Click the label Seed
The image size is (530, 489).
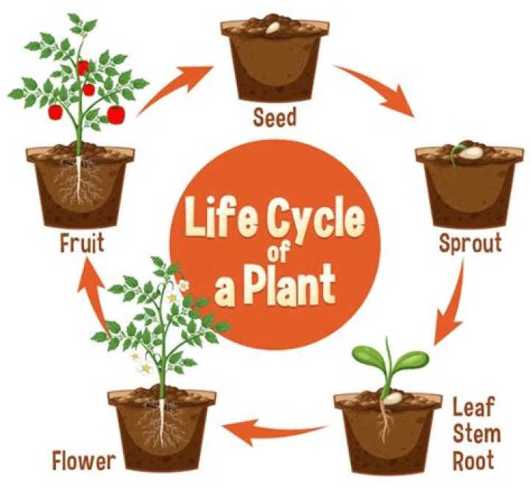[x=275, y=117]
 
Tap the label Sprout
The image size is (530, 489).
[x=470, y=243]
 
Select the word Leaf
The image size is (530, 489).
[x=473, y=407]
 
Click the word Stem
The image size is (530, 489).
[x=476, y=434]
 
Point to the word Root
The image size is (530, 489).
[x=473, y=460]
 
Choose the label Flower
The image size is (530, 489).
[x=84, y=460]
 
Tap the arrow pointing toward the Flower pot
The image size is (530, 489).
[x=274, y=432]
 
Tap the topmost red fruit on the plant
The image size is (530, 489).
[x=83, y=68]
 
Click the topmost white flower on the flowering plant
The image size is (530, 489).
[x=183, y=286]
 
